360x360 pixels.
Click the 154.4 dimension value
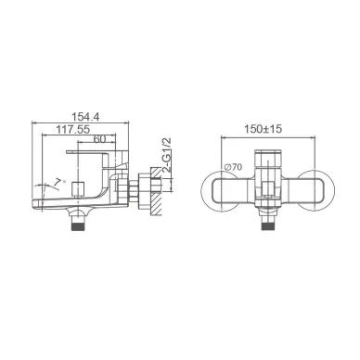pos(85,117)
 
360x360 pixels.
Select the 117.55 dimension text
pos(73,129)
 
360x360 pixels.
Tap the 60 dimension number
pos(99,139)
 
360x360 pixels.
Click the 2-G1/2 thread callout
pos(167,155)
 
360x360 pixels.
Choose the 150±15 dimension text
pos(264,129)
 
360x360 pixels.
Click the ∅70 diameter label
pos(234,167)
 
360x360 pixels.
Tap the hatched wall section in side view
pos(156,191)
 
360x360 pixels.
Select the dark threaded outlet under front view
pos(268,226)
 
